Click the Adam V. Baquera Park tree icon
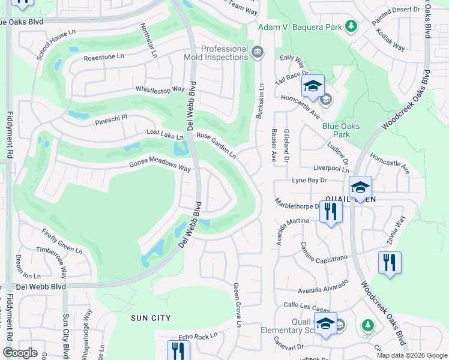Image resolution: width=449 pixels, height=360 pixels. coord(352,26)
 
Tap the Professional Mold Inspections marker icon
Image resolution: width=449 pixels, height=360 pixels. coord(258,52)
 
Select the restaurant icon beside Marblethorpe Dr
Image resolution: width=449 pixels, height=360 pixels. coord(331,212)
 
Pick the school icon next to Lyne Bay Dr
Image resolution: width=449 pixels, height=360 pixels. coord(360,187)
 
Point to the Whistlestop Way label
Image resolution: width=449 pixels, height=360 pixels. coord(160,89)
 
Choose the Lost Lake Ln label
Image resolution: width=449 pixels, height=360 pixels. coord(164,135)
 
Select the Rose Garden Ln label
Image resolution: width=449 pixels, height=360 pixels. coord(215,145)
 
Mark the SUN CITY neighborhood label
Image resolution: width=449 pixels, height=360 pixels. coord(151,318)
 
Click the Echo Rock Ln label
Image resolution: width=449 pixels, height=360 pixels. coord(197,337)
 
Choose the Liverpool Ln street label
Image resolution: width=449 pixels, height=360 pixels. coord(327,170)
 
